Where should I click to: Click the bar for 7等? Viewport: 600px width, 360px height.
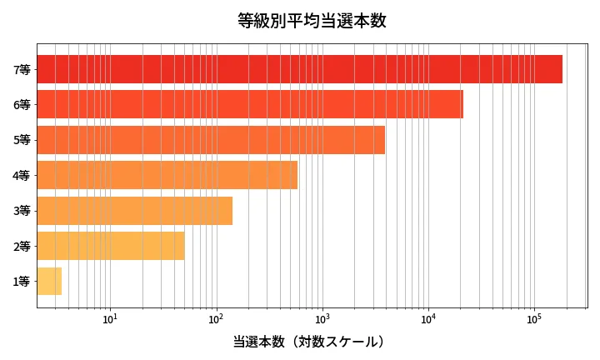[300, 69]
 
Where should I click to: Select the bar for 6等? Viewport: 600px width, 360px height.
[250, 104]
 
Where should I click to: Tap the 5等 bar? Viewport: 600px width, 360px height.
[211, 140]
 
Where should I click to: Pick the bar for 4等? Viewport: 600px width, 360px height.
[167, 175]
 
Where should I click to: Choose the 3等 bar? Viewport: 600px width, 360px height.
[134, 211]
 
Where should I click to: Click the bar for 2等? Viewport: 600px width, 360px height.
[111, 246]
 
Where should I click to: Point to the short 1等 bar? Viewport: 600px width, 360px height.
[49, 282]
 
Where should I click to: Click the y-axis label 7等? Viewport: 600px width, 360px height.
[22, 69]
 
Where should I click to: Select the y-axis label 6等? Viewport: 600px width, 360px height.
[22, 104]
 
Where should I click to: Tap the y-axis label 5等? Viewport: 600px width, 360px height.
[22, 140]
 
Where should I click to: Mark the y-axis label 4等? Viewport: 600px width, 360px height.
[22, 175]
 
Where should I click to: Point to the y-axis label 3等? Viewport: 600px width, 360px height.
[22, 211]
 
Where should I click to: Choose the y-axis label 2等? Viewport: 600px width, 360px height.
[22, 246]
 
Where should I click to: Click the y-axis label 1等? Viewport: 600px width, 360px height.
[22, 282]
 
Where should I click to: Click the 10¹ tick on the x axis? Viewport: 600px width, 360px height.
[110, 318]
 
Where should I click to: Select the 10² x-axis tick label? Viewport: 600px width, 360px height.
[216, 318]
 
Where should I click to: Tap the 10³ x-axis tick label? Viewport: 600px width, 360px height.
[322, 318]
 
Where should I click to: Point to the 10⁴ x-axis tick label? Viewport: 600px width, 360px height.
[428, 318]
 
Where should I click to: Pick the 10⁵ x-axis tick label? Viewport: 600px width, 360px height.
[534, 318]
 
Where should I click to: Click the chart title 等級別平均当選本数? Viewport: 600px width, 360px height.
[312, 21]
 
